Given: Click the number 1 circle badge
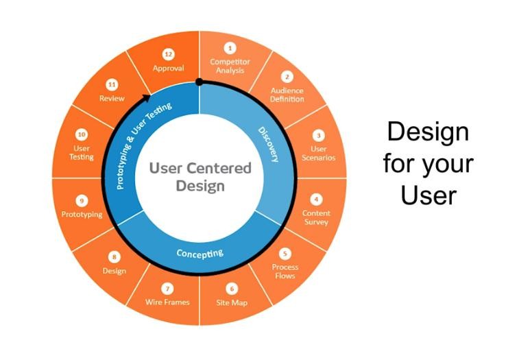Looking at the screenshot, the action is (230, 48).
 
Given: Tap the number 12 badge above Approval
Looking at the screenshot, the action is (168, 54).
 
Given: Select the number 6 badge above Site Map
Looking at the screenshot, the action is (232, 289).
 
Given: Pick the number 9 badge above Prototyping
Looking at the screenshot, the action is (82, 201).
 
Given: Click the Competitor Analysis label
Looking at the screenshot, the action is (230, 66).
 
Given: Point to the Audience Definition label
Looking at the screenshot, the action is (287, 95).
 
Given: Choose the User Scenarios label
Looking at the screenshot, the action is (318, 153).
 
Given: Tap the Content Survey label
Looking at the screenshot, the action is (316, 217).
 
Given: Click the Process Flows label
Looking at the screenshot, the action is (285, 271).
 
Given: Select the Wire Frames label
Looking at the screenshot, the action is (167, 302).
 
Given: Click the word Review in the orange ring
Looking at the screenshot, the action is (112, 98).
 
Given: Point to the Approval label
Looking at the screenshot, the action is (169, 69).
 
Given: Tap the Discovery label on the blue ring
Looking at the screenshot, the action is (269, 145).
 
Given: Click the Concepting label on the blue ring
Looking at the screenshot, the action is (200, 253).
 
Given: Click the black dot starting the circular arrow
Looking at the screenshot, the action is (200, 82).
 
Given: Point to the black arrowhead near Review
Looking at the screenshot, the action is (146, 98).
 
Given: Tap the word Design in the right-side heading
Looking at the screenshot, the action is (428, 132).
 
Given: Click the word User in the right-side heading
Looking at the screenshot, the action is (429, 195).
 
